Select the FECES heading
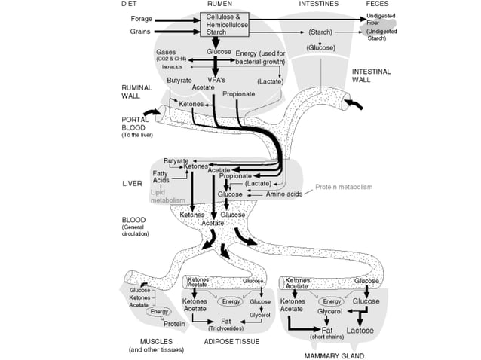click(377, 4)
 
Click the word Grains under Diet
click(141, 32)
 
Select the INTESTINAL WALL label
click(372, 75)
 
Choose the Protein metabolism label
click(344, 187)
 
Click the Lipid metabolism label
click(167, 197)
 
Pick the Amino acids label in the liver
click(284, 194)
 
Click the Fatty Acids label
click(161, 177)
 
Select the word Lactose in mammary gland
click(360, 330)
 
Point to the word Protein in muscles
click(174, 324)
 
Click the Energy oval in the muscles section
click(159, 311)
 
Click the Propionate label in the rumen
click(238, 94)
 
